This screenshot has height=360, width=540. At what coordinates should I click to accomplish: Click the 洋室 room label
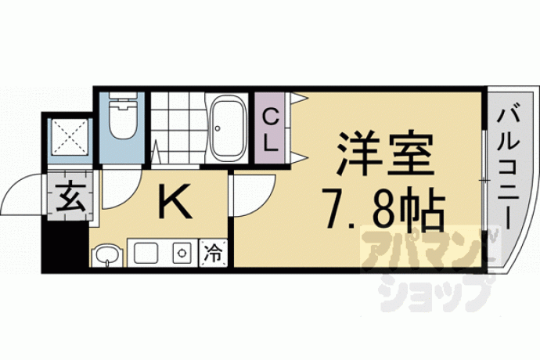385,153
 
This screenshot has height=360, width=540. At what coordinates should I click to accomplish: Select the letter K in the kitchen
175,201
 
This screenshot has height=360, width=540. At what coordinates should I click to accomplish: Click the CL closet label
270,129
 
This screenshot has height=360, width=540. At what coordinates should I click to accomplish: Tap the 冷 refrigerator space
214,254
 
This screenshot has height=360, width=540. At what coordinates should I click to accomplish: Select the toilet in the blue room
121,115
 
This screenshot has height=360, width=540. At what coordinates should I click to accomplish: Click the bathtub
229,128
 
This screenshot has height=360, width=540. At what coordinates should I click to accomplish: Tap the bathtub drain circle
218,128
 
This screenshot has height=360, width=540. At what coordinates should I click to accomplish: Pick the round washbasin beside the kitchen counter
107,255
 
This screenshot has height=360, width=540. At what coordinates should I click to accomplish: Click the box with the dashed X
70,137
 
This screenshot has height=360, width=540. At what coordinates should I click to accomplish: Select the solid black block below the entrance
64,247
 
